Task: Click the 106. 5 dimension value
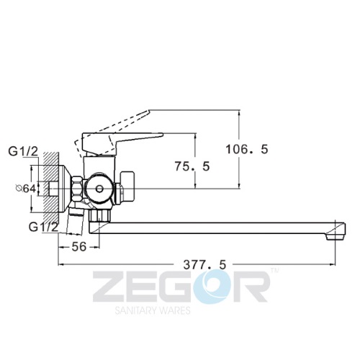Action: coord(247,149)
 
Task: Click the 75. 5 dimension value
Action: coord(192,166)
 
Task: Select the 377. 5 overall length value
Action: coord(204,265)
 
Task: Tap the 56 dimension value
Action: coord(78,246)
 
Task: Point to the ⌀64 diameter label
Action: coord(26,189)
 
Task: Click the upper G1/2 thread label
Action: coord(23,151)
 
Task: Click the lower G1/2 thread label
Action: coord(44,227)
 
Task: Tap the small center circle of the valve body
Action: coord(99,189)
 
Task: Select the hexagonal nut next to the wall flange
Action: coord(77,189)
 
